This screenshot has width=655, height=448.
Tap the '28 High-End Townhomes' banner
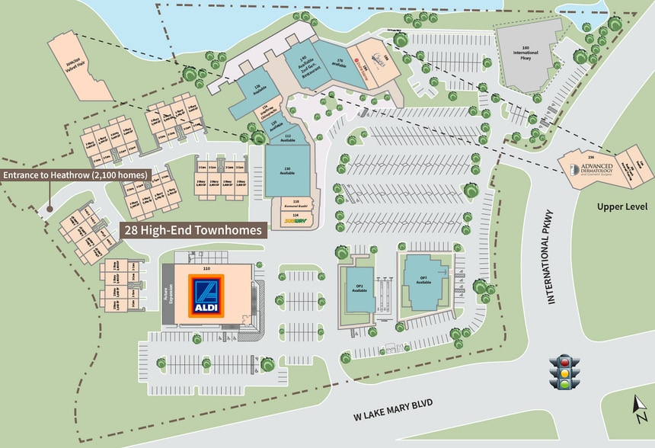pos(193,229)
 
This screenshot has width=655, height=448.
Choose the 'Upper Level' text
pos(621,207)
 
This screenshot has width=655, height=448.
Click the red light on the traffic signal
pos(564,362)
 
